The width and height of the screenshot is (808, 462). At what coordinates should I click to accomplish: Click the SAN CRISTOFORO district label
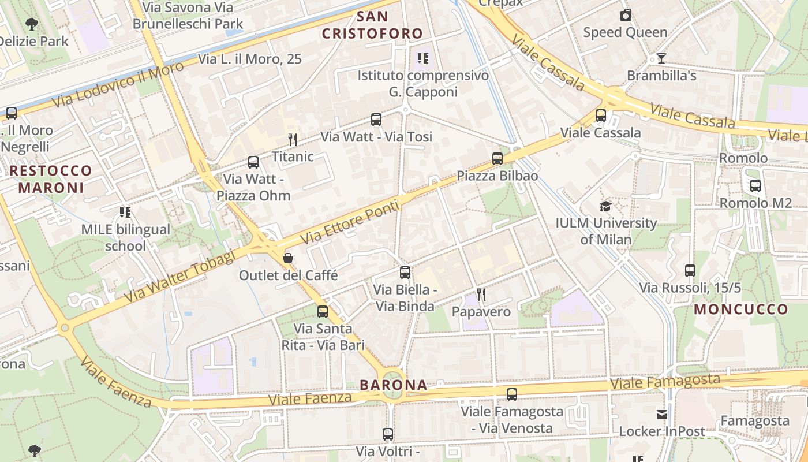372,25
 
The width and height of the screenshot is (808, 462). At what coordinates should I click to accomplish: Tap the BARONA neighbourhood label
394,385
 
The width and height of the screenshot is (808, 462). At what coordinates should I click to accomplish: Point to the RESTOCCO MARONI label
51,179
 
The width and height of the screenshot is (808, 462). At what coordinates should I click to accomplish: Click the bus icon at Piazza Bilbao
497,158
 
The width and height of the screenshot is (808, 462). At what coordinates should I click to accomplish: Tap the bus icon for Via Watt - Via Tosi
376,120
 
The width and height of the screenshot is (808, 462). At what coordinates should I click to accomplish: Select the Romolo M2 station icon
755,186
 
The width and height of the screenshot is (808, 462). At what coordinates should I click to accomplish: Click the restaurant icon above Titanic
293,139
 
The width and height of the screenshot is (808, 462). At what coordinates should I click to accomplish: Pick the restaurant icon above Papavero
481,295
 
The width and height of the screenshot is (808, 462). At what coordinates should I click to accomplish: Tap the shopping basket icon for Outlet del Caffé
288,258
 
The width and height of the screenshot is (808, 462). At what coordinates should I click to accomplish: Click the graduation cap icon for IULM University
605,206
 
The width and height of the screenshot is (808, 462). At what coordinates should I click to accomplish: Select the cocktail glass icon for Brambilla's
661,58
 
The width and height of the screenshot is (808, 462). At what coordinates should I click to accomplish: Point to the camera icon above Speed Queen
625,15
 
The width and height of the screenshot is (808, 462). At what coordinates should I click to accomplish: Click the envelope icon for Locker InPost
662,414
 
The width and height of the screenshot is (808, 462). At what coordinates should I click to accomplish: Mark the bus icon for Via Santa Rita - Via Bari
323,312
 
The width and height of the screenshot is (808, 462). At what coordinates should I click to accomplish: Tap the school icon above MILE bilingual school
125,213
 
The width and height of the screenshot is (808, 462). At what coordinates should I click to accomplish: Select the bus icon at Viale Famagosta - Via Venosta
511,394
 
